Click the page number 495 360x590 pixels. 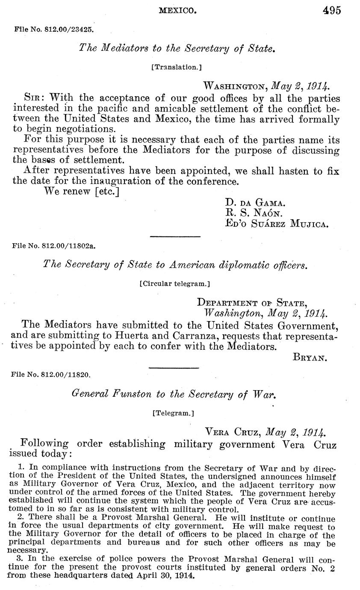pos(332,10)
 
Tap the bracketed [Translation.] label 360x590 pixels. pos(177,67)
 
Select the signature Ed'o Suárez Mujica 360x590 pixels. pos(277,223)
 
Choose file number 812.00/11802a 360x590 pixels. pos(54,246)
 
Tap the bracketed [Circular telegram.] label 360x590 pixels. pos(174,283)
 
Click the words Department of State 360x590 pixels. pos(251,303)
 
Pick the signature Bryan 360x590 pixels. pos(310,357)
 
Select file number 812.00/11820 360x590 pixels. pos(51,375)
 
